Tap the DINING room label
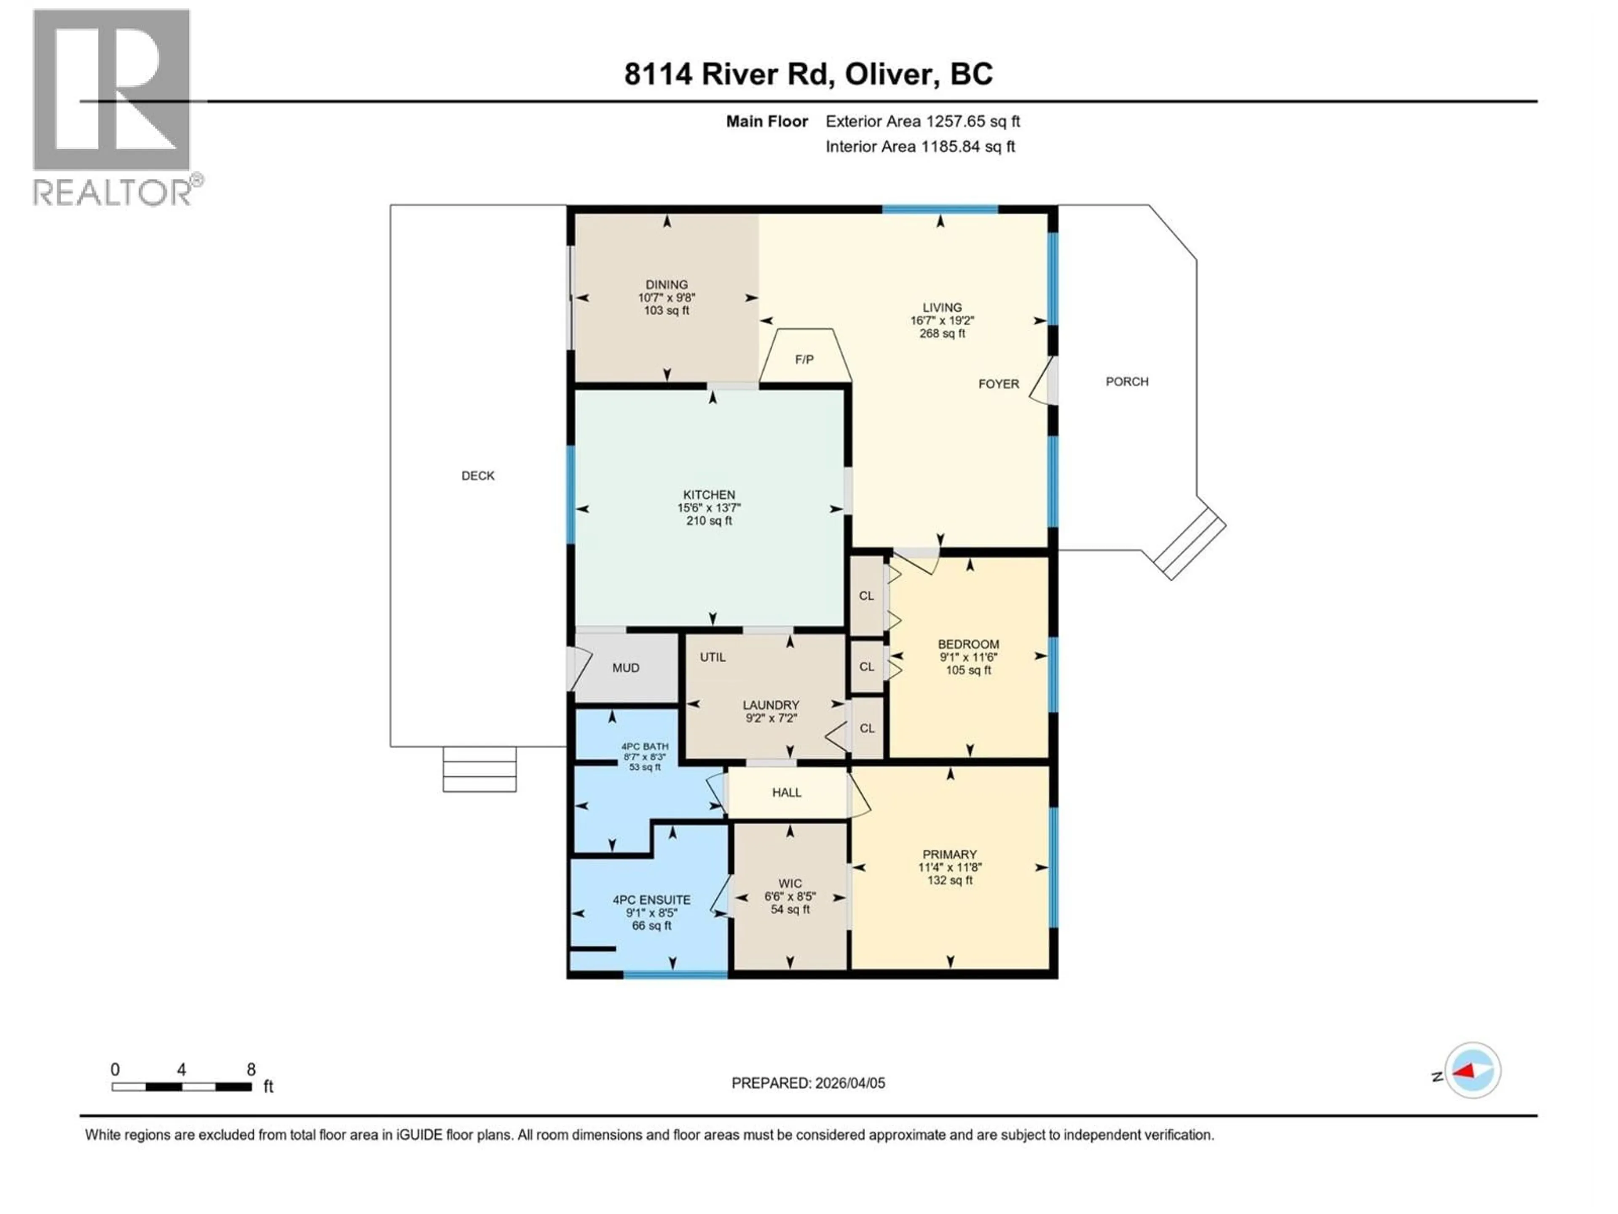click(666, 285)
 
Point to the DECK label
click(478, 475)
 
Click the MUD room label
click(625, 668)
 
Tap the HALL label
click(786, 792)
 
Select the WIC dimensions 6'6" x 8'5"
click(790, 897)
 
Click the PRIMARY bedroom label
click(949, 855)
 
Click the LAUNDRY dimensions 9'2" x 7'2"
click(771, 719)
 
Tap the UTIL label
click(713, 657)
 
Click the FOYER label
click(999, 384)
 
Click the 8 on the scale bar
click(251, 1070)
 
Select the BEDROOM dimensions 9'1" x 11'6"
click(968, 657)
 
